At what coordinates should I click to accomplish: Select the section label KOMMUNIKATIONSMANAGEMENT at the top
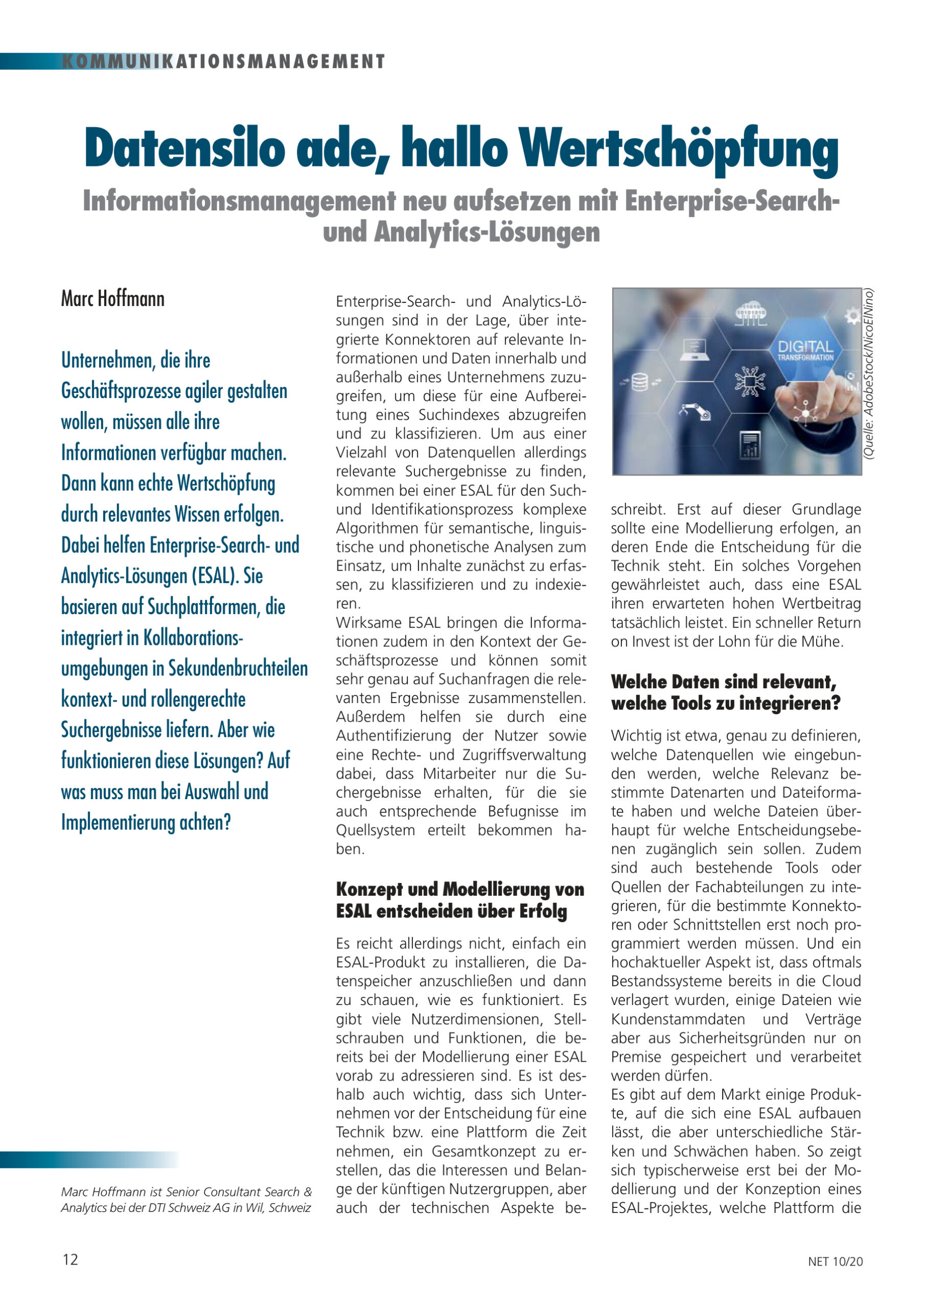coord(223,61)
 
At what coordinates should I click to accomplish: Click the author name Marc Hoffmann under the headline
coord(113,299)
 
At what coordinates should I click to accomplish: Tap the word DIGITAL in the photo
coord(805,346)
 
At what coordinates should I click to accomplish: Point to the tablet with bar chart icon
coord(750,445)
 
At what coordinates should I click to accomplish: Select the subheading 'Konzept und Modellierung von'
coord(460,889)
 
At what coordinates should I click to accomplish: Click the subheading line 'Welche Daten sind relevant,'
coord(723,682)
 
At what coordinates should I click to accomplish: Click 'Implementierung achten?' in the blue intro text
coord(146,822)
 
